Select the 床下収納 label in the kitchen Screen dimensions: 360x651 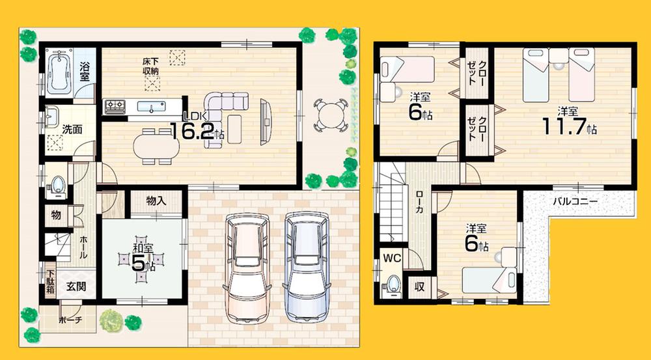152,66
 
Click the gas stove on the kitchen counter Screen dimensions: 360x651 116,105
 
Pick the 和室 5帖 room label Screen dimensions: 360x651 143,256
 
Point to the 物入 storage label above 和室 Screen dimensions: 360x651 156,201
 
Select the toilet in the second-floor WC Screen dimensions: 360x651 392,284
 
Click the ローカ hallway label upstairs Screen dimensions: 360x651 421,202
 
